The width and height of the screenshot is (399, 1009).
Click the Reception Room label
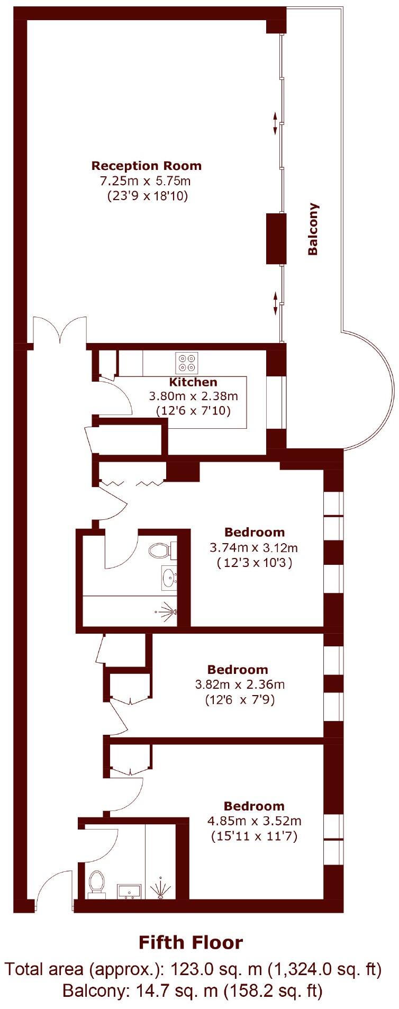[x=147, y=166]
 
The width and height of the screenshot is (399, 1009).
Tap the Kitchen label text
[x=193, y=382]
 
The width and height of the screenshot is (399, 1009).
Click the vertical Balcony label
[x=313, y=229]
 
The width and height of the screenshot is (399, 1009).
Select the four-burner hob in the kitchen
[x=187, y=363]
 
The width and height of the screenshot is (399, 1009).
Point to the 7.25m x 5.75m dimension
[x=146, y=181]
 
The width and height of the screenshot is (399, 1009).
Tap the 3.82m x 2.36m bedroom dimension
[x=240, y=684]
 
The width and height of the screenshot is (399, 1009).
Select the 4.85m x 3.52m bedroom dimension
[x=254, y=821]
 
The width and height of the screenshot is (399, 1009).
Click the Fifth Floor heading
[x=191, y=943]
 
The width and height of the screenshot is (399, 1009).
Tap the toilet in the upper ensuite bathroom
[x=160, y=551]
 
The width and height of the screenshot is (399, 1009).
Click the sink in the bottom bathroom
[x=129, y=891]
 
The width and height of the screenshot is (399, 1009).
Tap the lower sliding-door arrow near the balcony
[x=275, y=302]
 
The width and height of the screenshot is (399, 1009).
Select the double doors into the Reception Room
[x=60, y=331]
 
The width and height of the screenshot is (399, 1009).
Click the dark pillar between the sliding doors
[x=276, y=238]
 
